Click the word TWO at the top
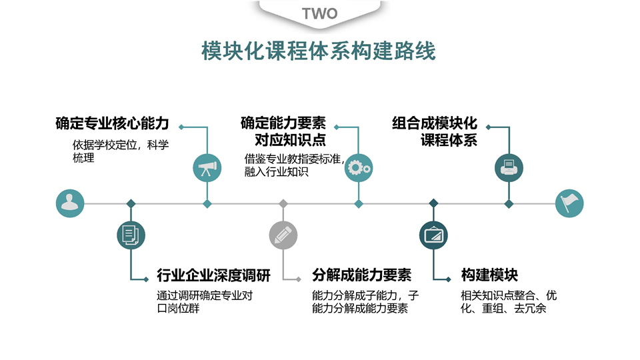(x=319, y=13)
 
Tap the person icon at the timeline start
(x=70, y=203)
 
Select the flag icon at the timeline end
(x=569, y=203)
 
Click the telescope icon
(x=207, y=168)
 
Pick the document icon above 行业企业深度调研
(x=131, y=234)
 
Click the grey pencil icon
(x=283, y=234)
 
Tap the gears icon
(x=359, y=168)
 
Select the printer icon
(x=509, y=168)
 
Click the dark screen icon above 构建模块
(x=433, y=234)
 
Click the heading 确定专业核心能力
(x=112, y=124)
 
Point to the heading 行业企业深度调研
(x=214, y=275)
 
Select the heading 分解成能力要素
(x=361, y=275)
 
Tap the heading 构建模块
(x=489, y=275)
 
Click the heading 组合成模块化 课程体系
(x=435, y=132)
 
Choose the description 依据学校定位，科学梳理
(x=120, y=151)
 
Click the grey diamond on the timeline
(x=283, y=203)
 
